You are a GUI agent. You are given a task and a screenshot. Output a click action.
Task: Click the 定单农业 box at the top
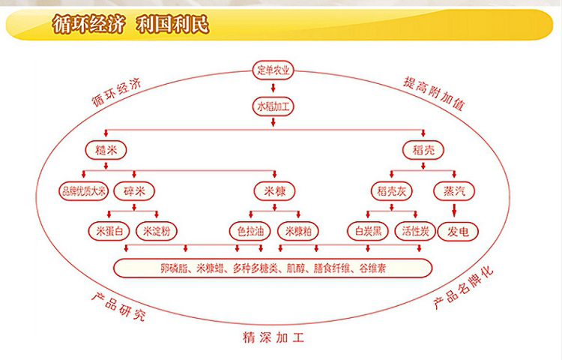pyautogui.click(x=274, y=72)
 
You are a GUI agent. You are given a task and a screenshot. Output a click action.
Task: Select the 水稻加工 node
pyautogui.click(x=274, y=106)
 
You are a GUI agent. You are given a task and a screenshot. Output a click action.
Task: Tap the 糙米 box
pyautogui.click(x=100, y=148)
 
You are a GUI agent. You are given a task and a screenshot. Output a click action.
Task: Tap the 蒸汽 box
pyautogui.click(x=453, y=190)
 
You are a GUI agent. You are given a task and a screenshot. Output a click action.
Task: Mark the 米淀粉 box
pyautogui.click(x=157, y=230)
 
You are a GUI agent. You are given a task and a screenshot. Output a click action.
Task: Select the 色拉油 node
pyautogui.click(x=250, y=230)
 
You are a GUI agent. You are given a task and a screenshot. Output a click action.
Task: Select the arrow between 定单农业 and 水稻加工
pyautogui.click(x=274, y=88)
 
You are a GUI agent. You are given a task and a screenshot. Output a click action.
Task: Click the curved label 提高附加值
pyautogui.click(x=433, y=92)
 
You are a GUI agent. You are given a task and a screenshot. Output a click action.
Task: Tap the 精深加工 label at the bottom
pyautogui.click(x=274, y=337)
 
